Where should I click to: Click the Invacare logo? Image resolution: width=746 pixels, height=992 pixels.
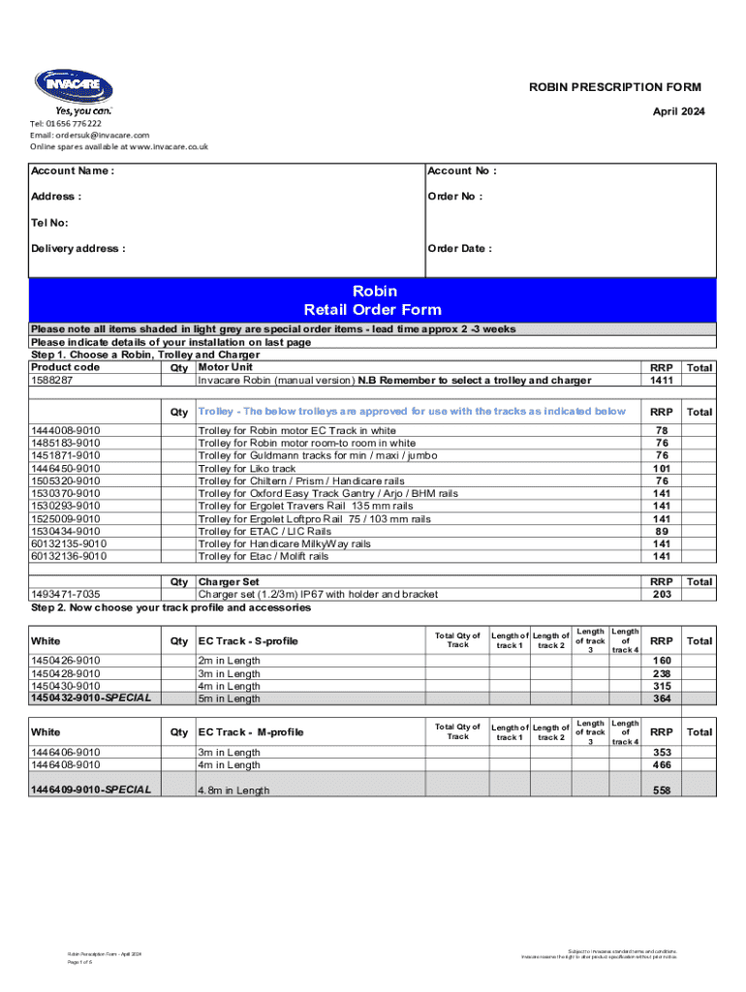73,89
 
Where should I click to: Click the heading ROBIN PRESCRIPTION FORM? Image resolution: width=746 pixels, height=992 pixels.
614,87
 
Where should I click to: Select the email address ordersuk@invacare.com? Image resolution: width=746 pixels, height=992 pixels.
89,136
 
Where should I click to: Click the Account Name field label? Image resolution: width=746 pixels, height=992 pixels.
73,171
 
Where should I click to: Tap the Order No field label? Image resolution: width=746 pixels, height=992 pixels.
455,197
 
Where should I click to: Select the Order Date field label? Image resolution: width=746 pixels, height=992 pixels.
459,249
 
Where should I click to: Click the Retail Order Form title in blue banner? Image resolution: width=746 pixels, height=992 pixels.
373,310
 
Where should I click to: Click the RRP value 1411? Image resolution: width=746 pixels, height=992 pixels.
662,381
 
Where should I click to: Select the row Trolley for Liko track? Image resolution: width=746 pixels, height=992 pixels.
247,468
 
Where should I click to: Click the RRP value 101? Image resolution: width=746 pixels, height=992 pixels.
662,468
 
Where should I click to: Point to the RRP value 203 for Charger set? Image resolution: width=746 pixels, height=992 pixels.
662,595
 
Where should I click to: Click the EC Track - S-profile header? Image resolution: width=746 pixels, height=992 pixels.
249,641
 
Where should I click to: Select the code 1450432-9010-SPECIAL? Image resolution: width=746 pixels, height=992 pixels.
91,698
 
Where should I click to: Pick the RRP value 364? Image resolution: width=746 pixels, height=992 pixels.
662,698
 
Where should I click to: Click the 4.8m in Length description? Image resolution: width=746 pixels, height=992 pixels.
234,790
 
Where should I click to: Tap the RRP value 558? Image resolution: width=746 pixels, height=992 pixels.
662,790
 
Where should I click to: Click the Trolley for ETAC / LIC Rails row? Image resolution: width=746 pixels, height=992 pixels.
264,531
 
